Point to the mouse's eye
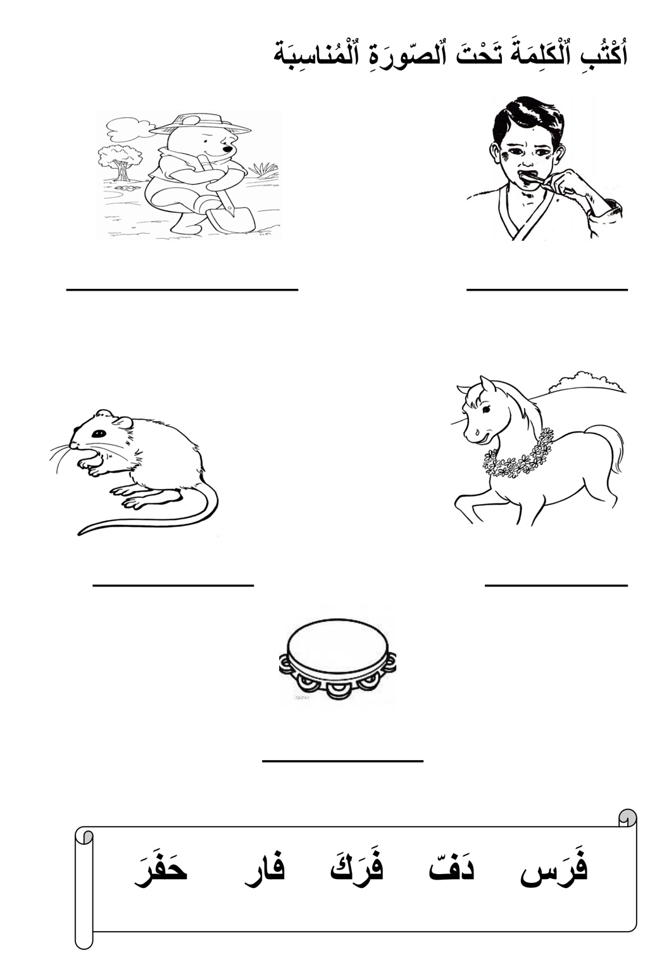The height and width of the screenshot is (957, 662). tap(99, 433)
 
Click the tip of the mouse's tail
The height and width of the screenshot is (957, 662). tap(79, 534)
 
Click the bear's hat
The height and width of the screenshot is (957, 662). tap(201, 124)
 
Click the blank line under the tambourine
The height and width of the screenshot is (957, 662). tap(343, 761)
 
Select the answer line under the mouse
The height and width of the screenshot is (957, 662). tap(173, 585)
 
